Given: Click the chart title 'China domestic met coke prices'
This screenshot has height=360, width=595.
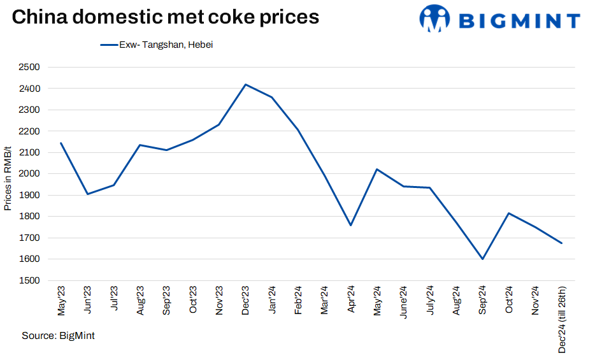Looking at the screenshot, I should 165,17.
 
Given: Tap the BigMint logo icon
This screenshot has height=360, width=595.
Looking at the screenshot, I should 435,18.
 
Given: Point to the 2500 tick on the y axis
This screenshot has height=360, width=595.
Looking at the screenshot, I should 29,67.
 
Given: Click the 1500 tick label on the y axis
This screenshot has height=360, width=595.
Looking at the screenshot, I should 29,280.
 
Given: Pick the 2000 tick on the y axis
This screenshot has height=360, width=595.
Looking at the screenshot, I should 29,174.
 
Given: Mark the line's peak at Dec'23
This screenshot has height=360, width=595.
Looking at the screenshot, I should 245,84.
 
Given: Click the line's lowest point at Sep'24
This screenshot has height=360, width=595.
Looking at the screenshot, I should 482,259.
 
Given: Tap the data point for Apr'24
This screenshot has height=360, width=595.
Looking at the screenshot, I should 350,225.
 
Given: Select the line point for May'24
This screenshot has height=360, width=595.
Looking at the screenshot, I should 377,169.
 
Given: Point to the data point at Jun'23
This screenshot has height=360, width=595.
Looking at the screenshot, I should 87,194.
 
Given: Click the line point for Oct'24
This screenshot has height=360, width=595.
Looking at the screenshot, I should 508,213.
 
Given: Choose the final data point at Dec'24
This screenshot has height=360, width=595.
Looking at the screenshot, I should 561,243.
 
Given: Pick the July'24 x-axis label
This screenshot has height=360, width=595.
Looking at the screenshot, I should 430,301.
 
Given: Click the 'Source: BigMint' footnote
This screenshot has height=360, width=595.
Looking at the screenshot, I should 58,335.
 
